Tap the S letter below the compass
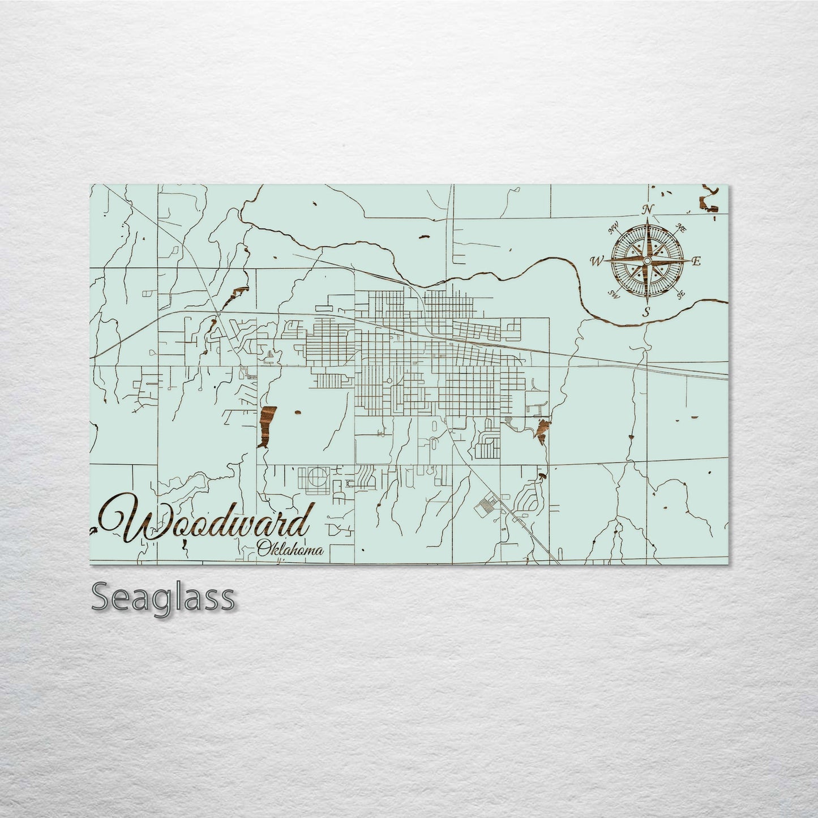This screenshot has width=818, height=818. [646, 312]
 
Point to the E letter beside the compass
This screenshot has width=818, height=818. [696, 261]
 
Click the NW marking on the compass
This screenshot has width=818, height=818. [612, 230]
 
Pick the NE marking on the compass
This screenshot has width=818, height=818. [682, 229]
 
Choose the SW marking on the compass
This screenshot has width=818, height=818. [612, 293]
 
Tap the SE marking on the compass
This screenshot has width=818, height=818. [681, 293]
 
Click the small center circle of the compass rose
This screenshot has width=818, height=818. [647, 261]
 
